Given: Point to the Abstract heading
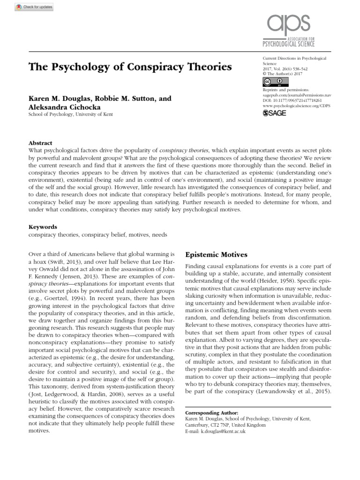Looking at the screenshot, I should (x=41, y=143).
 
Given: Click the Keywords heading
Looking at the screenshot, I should (x=43, y=226).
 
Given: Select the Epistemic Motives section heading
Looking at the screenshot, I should (x=216, y=255).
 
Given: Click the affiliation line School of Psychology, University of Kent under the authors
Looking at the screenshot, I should (x=71, y=114).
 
